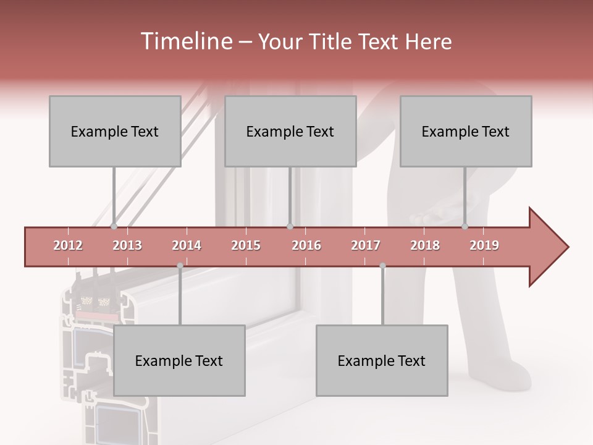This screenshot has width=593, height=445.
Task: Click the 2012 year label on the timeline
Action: coord(68,245)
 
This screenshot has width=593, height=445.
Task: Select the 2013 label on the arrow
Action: coord(127,245)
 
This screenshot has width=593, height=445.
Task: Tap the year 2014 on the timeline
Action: coord(187,245)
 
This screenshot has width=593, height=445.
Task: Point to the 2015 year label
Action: coord(246,245)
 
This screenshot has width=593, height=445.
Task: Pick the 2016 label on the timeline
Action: coord(306,245)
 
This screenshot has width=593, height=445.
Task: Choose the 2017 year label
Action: coord(366,245)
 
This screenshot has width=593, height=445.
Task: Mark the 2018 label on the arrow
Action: coord(425,245)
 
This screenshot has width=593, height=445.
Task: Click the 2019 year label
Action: coord(484,245)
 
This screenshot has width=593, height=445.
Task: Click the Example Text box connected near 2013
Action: coord(115,131)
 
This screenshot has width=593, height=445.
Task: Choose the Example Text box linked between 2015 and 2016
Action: coord(290,131)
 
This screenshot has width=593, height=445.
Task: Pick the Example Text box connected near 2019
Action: coord(466,131)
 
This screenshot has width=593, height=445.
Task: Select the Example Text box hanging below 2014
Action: coord(179,360)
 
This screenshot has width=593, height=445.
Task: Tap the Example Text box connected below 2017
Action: coord(382,360)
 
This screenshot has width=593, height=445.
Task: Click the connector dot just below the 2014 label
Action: coord(180,266)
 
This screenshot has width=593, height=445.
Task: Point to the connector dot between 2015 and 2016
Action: coord(290,227)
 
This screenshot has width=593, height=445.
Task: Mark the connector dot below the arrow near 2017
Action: coord(382,266)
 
